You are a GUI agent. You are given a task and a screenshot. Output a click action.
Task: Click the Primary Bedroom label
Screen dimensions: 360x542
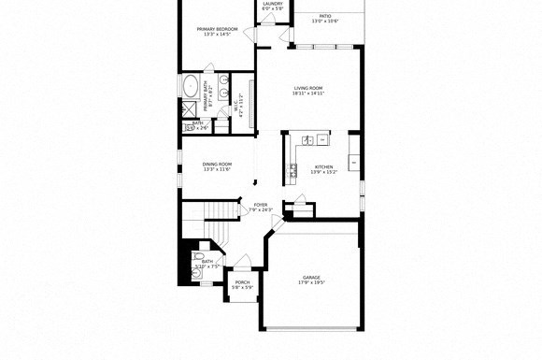(x=217, y=29)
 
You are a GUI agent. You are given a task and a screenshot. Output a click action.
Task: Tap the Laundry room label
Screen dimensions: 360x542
(x=273, y=4)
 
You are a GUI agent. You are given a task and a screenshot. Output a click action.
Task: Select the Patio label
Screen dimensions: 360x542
(x=324, y=16)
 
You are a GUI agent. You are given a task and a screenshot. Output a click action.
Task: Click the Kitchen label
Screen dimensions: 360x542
(x=323, y=166)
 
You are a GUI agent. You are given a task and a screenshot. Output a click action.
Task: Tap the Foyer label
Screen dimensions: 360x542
(x=260, y=204)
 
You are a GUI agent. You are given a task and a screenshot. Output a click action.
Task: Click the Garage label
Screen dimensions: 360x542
(x=311, y=277)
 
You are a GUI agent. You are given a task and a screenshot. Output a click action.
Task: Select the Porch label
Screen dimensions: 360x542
(x=242, y=282)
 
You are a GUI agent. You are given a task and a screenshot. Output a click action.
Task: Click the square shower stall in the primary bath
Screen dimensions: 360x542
(x=189, y=108)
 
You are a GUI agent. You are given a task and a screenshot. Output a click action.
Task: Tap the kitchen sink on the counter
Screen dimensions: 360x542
(x=292, y=169)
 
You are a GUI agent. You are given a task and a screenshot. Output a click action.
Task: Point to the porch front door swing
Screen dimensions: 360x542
(x=242, y=262)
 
